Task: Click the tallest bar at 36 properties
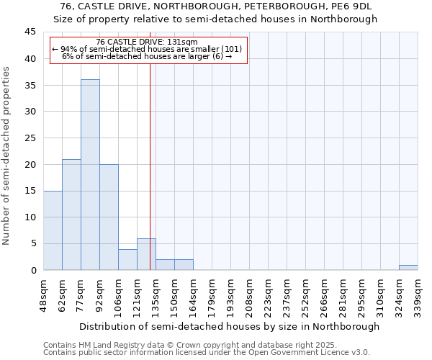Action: (x=90, y=175)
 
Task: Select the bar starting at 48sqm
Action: (x=53, y=230)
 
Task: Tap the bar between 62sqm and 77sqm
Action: (x=71, y=215)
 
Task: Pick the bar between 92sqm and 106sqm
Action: (x=109, y=217)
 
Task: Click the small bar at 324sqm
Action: (x=408, y=268)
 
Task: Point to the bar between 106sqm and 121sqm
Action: (x=127, y=260)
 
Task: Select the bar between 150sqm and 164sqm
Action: (x=184, y=265)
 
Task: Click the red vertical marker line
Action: (x=150, y=166)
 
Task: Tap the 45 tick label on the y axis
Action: (x=30, y=32)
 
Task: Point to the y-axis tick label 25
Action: (x=30, y=138)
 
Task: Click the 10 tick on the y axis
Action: (x=30, y=217)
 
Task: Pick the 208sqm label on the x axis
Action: (x=249, y=294)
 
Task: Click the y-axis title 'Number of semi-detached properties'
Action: (x=7, y=156)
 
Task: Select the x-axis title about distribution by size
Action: (x=229, y=326)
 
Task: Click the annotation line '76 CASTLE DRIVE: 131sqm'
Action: (x=147, y=42)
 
